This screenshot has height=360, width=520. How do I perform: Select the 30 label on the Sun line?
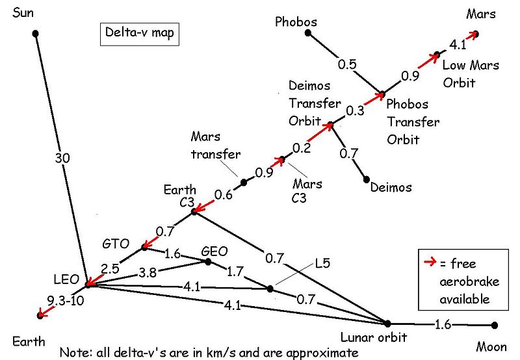coord(57,157)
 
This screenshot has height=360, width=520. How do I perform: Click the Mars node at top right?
coord(476,34)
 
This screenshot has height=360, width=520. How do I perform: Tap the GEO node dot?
coord(208,262)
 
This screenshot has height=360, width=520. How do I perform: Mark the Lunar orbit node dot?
coord(387,323)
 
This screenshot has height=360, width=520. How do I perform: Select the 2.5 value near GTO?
coord(110,266)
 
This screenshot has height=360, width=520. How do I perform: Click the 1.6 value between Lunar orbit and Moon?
coord(442,324)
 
